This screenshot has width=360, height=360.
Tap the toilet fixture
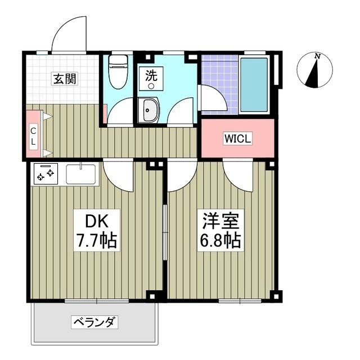[x=118, y=73]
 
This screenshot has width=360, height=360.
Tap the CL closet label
[x=33, y=137]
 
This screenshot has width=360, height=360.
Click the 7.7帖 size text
[x=96, y=241]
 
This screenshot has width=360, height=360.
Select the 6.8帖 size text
[x=220, y=241]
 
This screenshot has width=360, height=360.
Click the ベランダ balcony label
[x=94, y=322]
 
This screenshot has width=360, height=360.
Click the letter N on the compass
[x=318, y=56]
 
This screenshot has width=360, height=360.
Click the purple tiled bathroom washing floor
[x=217, y=76]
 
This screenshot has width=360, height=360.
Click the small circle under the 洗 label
[x=151, y=86]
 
